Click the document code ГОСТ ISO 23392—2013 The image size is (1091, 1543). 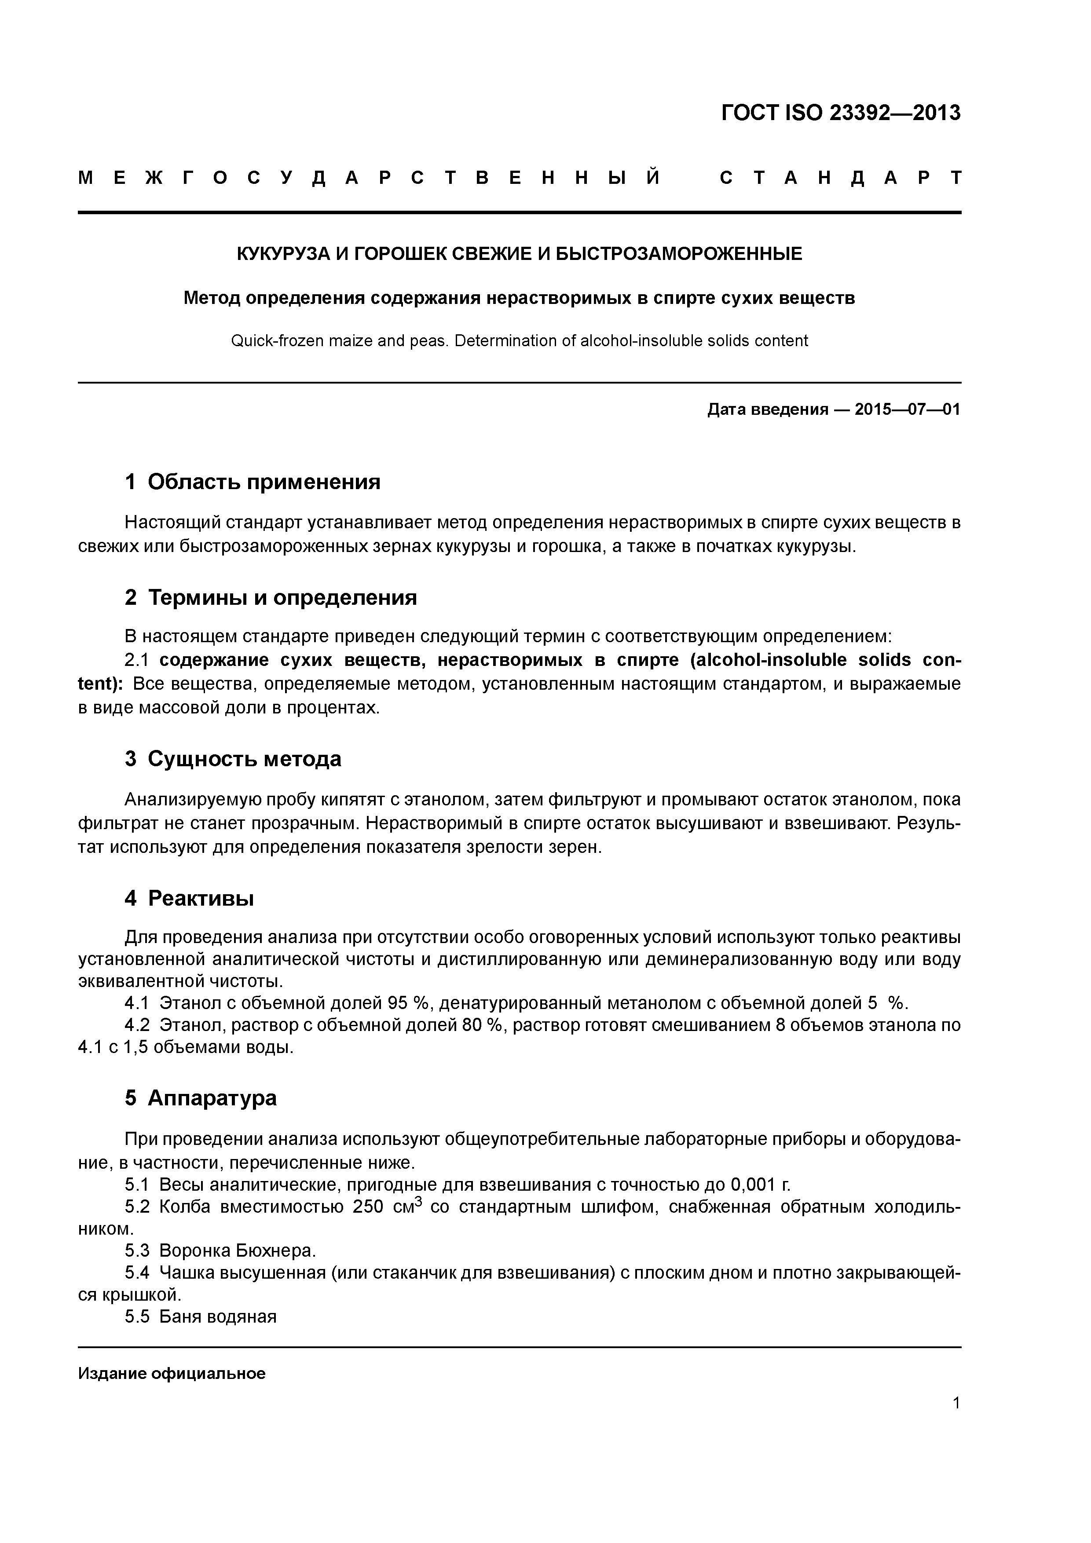pyautogui.click(x=840, y=113)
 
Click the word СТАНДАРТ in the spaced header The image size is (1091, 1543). pyautogui.click(x=840, y=179)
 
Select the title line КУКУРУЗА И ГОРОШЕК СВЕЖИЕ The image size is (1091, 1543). pyautogui.click(x=519, y=254)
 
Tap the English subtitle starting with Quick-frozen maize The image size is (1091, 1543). pyautogui.click(x=519, y=341)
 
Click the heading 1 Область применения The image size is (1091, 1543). pyautogui.click(x=253, y=482)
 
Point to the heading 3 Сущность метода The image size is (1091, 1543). pyautogui.click(x=233, y=759)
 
